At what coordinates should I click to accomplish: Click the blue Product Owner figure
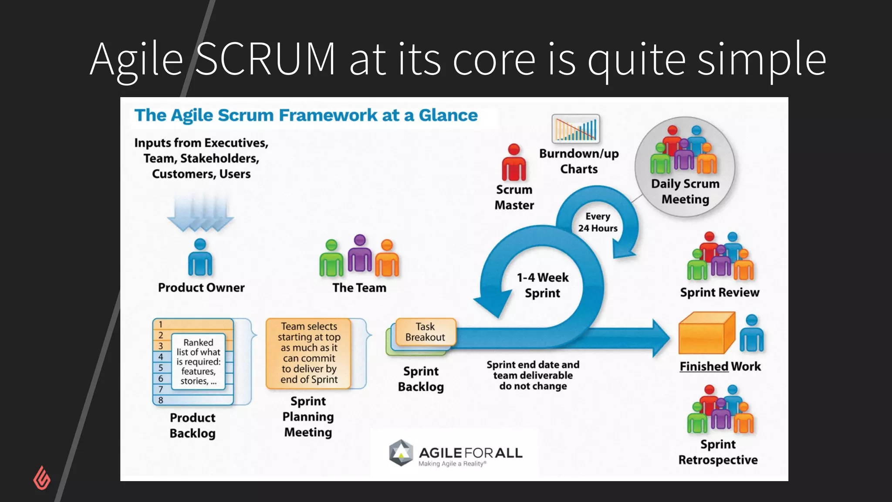200,258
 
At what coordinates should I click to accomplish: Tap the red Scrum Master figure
514,163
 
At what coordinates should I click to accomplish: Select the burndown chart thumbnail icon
575,129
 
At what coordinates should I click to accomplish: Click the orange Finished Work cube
706,333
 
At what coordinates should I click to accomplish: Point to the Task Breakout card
425,332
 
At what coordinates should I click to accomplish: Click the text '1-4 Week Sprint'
542,285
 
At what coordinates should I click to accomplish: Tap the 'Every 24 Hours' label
598,222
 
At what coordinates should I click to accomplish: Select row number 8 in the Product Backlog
161,400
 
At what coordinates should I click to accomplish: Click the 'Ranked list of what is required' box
198,361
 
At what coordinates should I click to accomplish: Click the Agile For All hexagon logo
400,453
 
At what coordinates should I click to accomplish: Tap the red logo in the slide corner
42,478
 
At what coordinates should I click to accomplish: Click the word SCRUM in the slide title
266,59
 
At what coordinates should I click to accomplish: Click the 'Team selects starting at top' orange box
308,353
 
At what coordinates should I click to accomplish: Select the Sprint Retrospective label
718,452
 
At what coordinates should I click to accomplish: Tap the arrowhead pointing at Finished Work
660,338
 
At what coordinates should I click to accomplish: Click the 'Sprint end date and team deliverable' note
533,375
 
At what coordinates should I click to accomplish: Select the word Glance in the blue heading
448,115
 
